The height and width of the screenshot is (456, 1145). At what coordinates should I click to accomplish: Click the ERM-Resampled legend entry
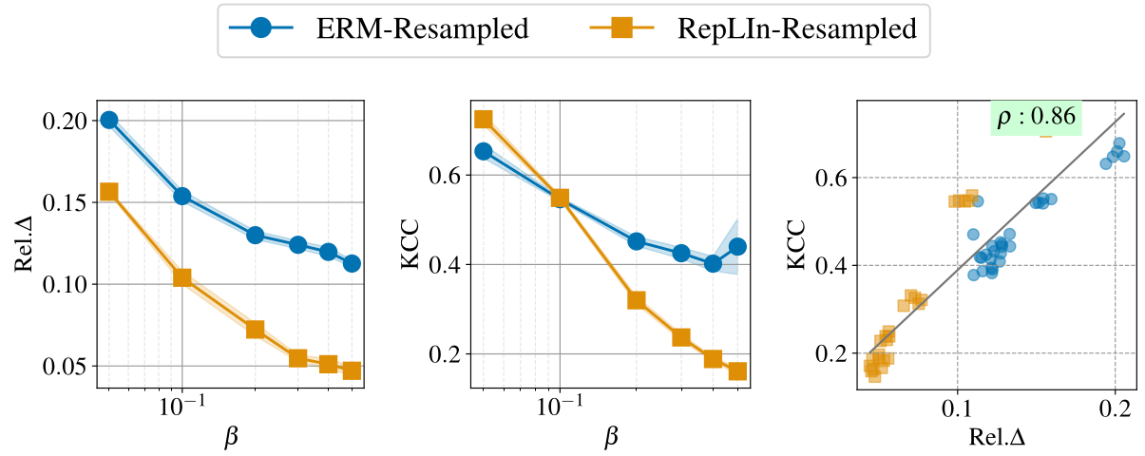pos(380,29)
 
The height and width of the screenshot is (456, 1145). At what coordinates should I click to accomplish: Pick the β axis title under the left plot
pos(231,436)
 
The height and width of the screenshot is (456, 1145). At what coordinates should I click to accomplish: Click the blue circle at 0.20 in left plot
pos(109,120)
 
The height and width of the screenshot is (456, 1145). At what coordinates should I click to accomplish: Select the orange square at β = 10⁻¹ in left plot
pos(182,277)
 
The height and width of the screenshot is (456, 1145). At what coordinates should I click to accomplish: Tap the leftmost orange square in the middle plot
pos(483,119)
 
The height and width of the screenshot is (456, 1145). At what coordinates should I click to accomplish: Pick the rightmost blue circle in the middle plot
pos(737,246)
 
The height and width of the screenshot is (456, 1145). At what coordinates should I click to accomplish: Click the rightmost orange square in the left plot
pos(352,370)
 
